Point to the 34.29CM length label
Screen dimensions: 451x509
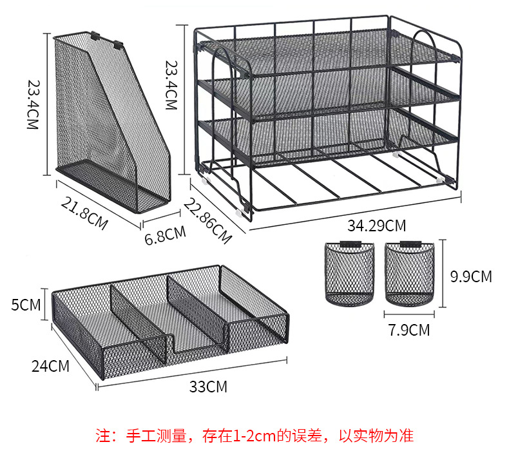(x=376, y=226)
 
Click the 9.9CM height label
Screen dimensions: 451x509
(x=471, y=277)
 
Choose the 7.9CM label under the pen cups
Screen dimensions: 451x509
(x=409, y=331)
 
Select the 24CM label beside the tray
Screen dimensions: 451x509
(x=50, y=367)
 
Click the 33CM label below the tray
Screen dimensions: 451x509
(x=208, y=387)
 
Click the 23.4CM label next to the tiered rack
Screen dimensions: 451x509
(x=171, y=85)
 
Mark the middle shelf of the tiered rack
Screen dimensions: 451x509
(x=329, y=90)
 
